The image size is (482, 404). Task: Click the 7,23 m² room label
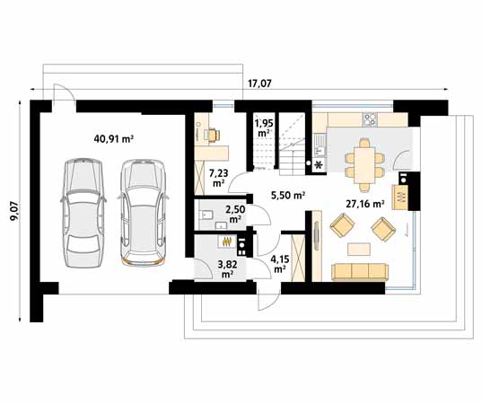coord(218,178)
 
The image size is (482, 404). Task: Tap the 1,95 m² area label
coord(263,127)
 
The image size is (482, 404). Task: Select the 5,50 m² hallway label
coord(287,196)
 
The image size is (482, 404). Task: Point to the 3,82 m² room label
coord(225,269)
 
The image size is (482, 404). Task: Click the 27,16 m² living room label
coord(365,203)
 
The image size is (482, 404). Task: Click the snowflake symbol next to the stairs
coord(318,165)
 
